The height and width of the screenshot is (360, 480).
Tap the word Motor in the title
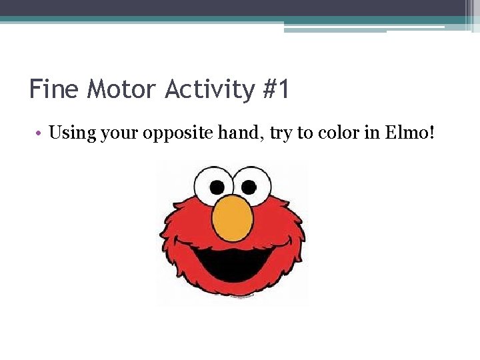coord(122,89)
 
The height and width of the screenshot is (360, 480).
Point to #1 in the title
coord(275,89)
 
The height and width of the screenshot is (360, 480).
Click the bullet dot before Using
coord(40,133)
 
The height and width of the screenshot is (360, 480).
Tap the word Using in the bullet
coord(73,133)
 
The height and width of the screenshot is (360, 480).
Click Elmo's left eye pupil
coord(218,186)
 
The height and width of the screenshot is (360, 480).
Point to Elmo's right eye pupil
coord(248,186)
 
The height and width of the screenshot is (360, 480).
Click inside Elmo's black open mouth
coord(233,263)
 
